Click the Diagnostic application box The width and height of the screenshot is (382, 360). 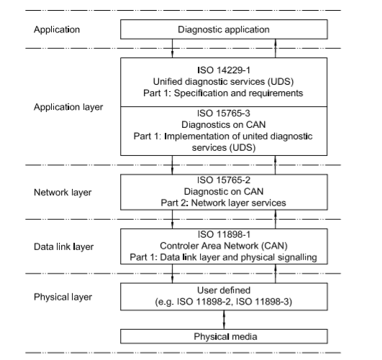pos(224,29)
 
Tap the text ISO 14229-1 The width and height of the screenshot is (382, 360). pos(224,70)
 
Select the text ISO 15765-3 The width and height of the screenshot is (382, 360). pos(224,114)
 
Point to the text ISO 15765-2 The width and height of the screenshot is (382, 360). pos(224,180)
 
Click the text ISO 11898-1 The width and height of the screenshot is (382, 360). pos(224,234)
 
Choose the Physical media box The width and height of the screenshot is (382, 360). pos(224,336)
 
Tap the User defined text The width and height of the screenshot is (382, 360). pos(224,290)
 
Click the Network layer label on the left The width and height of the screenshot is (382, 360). pos(63,193)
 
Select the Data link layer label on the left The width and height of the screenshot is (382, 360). pos(63,246)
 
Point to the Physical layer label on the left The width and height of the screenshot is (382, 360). pos(63,297)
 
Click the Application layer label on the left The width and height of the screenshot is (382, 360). pos(68,107)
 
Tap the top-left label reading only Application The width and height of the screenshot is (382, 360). pos(57,29)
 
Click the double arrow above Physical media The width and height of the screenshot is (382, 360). pos(224,320)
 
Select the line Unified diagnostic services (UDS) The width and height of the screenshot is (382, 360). pos(224,81)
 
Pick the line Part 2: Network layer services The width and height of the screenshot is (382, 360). pos(224,203)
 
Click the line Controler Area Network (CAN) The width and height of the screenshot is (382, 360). pos(224,246)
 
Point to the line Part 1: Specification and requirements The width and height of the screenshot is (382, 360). pos(223,93)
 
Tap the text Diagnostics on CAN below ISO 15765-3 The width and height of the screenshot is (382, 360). pos(224,124)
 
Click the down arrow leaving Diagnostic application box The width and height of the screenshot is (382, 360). pos(172,48)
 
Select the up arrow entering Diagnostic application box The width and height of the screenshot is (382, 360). pos(276,48)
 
